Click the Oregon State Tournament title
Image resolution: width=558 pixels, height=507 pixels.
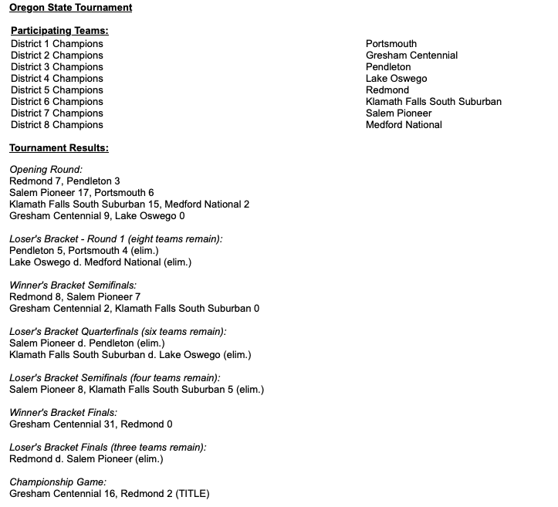pos(70,8)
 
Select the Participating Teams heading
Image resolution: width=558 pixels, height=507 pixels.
pos(59,31)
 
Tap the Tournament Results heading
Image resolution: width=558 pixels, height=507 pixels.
pos(59,147)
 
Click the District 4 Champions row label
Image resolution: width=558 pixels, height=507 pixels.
pos(56,79)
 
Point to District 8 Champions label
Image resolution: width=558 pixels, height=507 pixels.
pos(56,125)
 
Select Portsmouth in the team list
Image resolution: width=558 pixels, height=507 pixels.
pos(391,44)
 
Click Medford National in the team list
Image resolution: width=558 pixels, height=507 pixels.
pos(404,125)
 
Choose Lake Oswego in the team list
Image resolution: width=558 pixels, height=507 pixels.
pos(396,79)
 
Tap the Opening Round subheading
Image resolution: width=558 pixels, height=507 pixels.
pos(46,170)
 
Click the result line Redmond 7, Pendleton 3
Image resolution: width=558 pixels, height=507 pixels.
pos(65,181)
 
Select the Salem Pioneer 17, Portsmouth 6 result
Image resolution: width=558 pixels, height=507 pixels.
pos(82,193)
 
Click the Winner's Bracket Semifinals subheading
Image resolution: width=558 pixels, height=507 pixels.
pos(73,286)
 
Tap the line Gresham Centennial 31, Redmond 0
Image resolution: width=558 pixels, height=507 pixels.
pos(91,424)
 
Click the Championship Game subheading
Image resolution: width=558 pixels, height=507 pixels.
pos(58,482)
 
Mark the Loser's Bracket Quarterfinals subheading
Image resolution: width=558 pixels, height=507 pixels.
pos(117,332)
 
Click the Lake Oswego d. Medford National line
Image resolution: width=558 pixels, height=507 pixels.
pos(100,262)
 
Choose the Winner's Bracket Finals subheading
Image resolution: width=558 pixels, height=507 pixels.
pos(63,413)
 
